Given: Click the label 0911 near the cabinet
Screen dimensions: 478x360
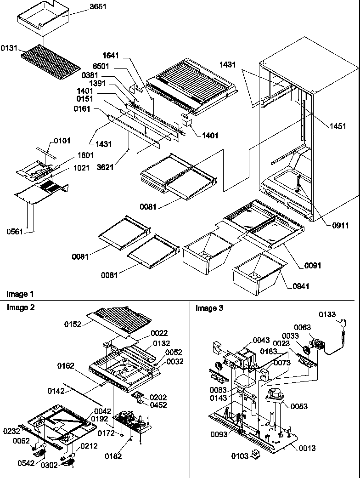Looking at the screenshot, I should point(340,226).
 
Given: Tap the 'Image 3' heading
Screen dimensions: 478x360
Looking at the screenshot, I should point(209,308).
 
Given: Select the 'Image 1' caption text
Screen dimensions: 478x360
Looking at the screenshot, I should point(20,294).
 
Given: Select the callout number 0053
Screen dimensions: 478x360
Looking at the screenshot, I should point(298,406).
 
